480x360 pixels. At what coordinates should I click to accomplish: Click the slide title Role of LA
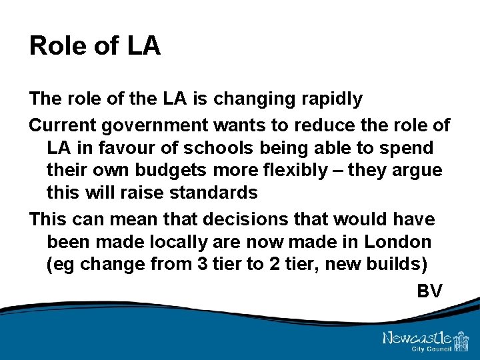click(x=95, y=46)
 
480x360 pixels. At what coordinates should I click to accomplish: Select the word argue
click(x=416, y=171)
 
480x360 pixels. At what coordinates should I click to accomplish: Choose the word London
click(x=397, y=241)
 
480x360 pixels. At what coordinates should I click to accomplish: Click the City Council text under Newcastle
click(x=433, y=349)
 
